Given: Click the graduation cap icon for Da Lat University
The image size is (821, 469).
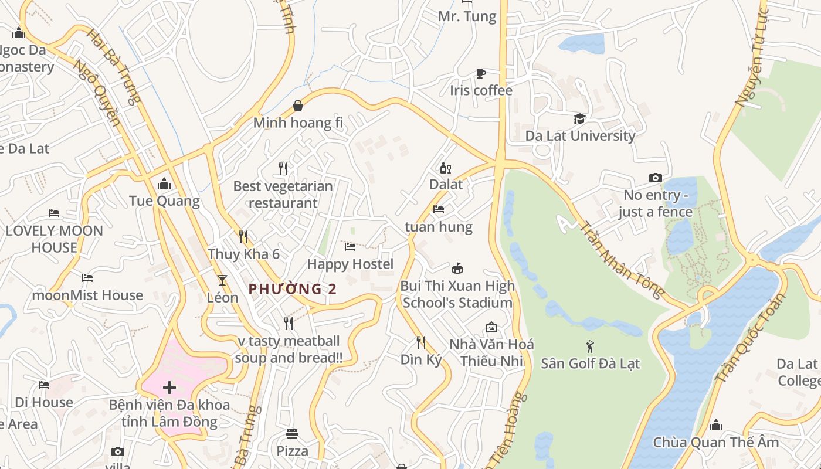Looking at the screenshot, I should coord(579,119).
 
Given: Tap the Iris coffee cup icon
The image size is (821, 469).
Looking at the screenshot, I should coord(480,74).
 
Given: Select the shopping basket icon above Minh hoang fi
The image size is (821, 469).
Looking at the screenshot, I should coord(298,106).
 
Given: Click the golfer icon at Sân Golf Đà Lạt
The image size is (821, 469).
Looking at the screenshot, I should coord(590,346).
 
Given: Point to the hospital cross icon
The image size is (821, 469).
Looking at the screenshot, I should coord(169,388).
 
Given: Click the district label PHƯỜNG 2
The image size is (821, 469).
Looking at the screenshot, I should coord(293,289).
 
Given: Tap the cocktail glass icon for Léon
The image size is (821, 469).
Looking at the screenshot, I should coord(222,280).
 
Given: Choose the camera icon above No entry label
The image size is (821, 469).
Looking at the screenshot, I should coord(655,178).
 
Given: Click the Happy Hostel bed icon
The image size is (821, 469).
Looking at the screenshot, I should coord(350,247).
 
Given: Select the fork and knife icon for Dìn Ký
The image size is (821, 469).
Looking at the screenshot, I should coord(420,342).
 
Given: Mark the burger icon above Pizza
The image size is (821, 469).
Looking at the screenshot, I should coord(292,434).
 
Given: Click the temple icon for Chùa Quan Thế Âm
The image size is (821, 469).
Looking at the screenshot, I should coord(715,425).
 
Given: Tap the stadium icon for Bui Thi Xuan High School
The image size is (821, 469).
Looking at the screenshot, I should coord(457,269).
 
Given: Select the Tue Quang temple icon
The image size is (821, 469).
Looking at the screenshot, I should coord(164,184).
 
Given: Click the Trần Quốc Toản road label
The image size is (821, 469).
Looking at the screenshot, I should coord(749,339).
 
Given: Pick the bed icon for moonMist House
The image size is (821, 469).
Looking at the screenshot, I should coord(87,278).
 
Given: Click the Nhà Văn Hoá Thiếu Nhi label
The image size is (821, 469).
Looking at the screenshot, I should coord(491,352).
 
